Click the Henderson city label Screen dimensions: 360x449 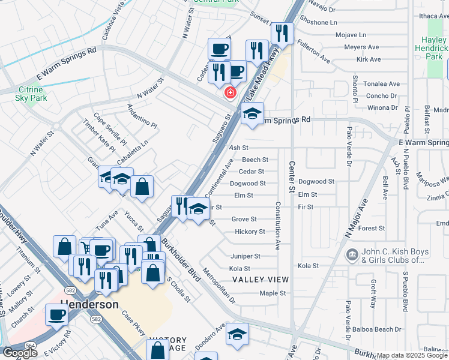89,304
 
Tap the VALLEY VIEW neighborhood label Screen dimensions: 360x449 261,280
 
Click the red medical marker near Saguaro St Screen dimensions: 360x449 229,92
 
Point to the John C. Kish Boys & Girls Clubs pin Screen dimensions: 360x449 351,256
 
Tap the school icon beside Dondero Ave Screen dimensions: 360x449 237,334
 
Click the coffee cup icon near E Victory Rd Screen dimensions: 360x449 57,314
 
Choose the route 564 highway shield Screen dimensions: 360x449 29,346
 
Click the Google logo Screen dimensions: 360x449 20,353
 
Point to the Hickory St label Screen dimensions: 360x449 249,232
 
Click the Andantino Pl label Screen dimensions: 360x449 142,118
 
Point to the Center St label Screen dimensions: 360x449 292,177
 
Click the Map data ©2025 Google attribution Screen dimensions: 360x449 411,355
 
